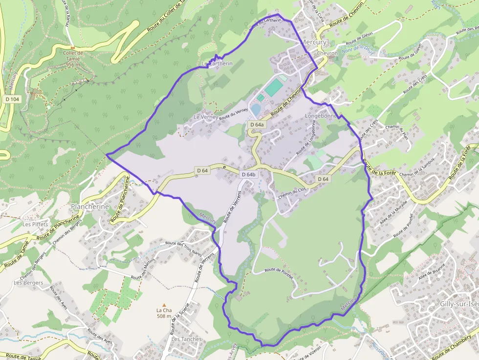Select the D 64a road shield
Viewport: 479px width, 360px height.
point(257,125)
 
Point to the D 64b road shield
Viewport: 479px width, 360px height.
point(249,174)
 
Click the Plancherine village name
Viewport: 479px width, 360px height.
point(90,207)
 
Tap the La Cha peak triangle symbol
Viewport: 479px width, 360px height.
point(164,304)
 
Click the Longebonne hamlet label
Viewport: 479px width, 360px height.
point(321,116)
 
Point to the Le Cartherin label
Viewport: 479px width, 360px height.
point(217,64)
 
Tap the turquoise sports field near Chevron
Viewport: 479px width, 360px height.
point(274,87)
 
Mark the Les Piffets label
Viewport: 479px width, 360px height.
point(35,224)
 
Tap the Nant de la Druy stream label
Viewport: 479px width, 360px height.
point(358,48)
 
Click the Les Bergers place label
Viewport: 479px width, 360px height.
point(28,282)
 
